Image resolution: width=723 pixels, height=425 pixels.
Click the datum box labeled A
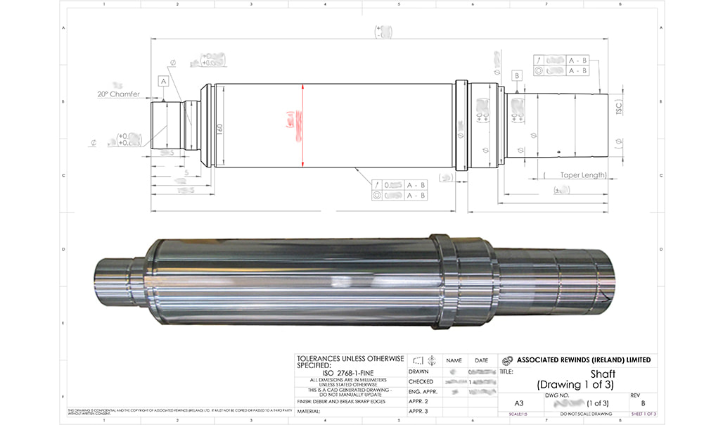pos(163,82)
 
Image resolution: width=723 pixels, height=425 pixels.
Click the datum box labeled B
pos(518,75)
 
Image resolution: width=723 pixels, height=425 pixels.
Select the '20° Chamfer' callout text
pos(119,94)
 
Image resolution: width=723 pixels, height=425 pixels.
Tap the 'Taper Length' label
pos(583,175)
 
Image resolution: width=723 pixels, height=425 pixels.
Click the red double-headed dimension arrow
pos(302,125)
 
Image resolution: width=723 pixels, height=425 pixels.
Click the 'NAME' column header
pos(454,360)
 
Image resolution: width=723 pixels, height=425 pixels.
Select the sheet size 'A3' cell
pos(518,402)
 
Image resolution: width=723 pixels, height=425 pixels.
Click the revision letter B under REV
pos(642,403)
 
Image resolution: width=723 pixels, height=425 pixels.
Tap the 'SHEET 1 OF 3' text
pos(643,414)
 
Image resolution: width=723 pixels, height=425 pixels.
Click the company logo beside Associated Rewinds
pos(506,360)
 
